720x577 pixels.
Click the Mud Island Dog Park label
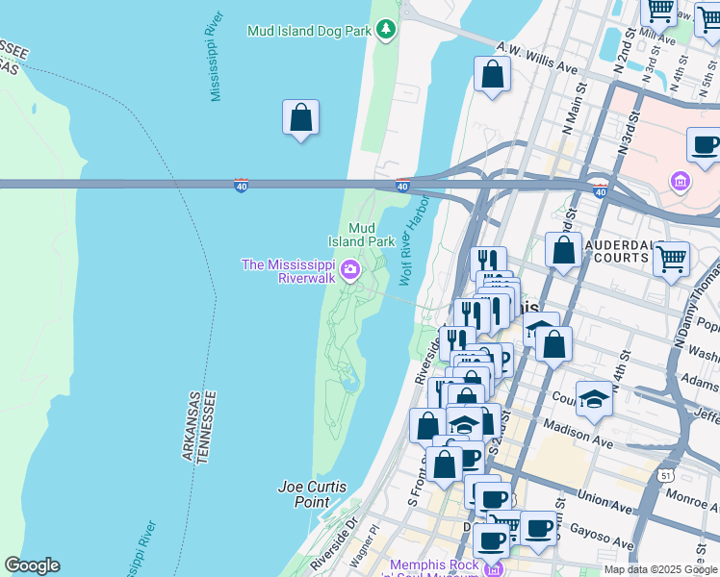point(309,31)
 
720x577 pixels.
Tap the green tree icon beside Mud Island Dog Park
point(386,30)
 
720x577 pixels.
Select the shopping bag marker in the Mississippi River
point(300,118)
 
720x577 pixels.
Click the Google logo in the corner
point(32,565)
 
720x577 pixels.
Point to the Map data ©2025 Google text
point(660,569)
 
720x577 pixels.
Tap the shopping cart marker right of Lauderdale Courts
point(672,258)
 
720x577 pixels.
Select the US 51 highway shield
point(666,475)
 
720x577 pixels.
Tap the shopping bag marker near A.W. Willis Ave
point(492,75)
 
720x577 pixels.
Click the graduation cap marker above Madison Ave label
point(595,400)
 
